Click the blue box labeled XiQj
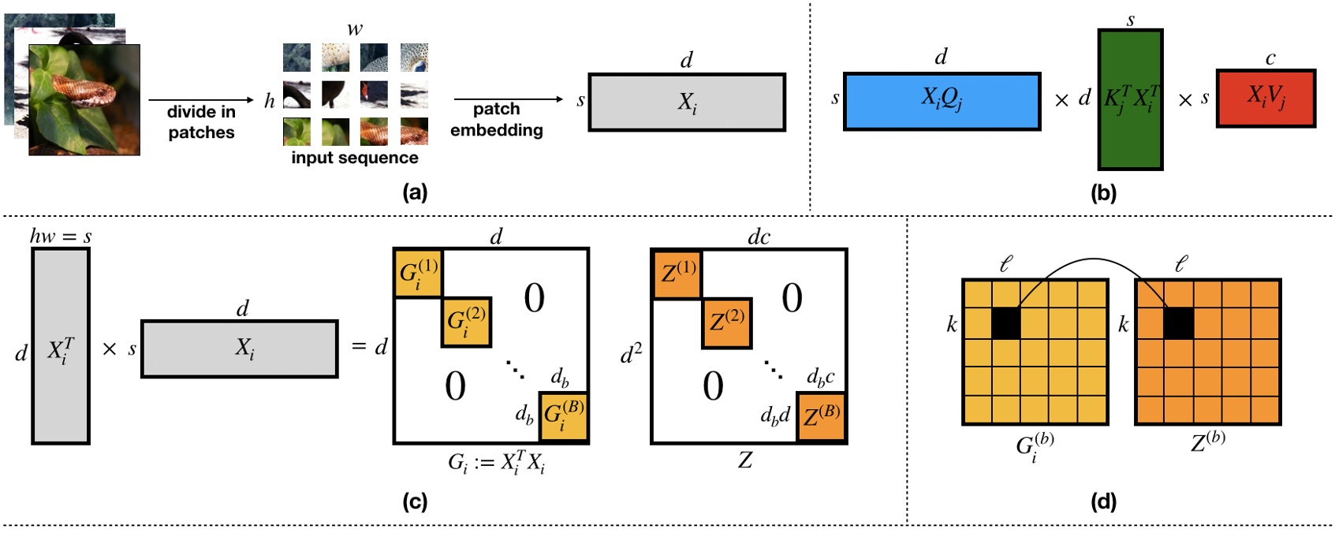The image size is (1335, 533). click(942, 101)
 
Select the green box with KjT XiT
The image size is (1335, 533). click(1130, 100)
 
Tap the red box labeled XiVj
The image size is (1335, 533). click(1266, 98)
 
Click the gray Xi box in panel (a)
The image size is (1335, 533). click(686, 102)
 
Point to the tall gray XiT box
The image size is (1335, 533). click(61, 346)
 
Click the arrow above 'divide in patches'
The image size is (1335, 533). click(200, 100)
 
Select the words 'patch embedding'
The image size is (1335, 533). click(497, 119)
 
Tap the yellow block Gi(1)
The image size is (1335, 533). click(418, 273)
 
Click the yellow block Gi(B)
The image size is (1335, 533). click(563, 416)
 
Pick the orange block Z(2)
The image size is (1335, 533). click(726, 322)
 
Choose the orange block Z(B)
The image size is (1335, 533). click(821, 416)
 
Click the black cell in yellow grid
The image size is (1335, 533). click(1005, 322)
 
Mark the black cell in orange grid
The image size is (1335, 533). click(1178, 322)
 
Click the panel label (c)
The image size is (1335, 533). click(415, 501)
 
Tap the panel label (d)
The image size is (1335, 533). click(1102, 501)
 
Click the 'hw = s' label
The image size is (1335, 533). click(61, 236)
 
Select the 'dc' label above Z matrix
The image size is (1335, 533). click(758, 237)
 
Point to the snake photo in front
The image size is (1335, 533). click(84, 100)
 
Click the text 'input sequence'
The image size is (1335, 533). click(355, 158)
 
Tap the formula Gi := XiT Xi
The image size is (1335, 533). click(496, 463)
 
